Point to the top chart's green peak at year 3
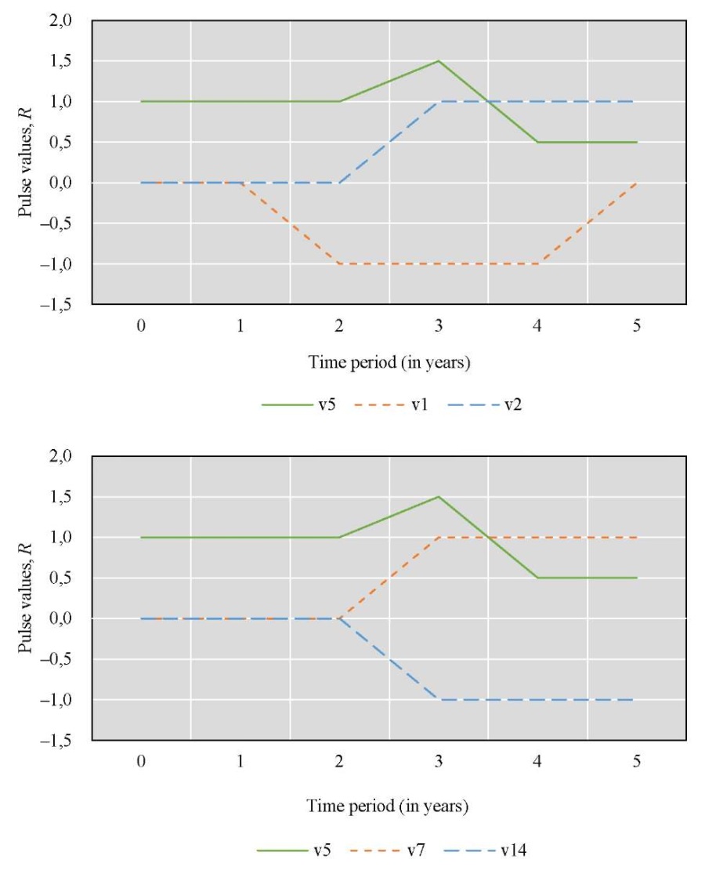click(439, 61)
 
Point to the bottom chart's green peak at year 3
click(439, 497)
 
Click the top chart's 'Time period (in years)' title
click(389, 363)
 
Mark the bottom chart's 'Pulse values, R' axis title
click(27, 597)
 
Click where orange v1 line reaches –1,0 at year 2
click(339, 264)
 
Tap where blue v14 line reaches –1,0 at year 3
click(439, 700)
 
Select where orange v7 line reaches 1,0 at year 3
click(439, 538)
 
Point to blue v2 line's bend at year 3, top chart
click(439, 102)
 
